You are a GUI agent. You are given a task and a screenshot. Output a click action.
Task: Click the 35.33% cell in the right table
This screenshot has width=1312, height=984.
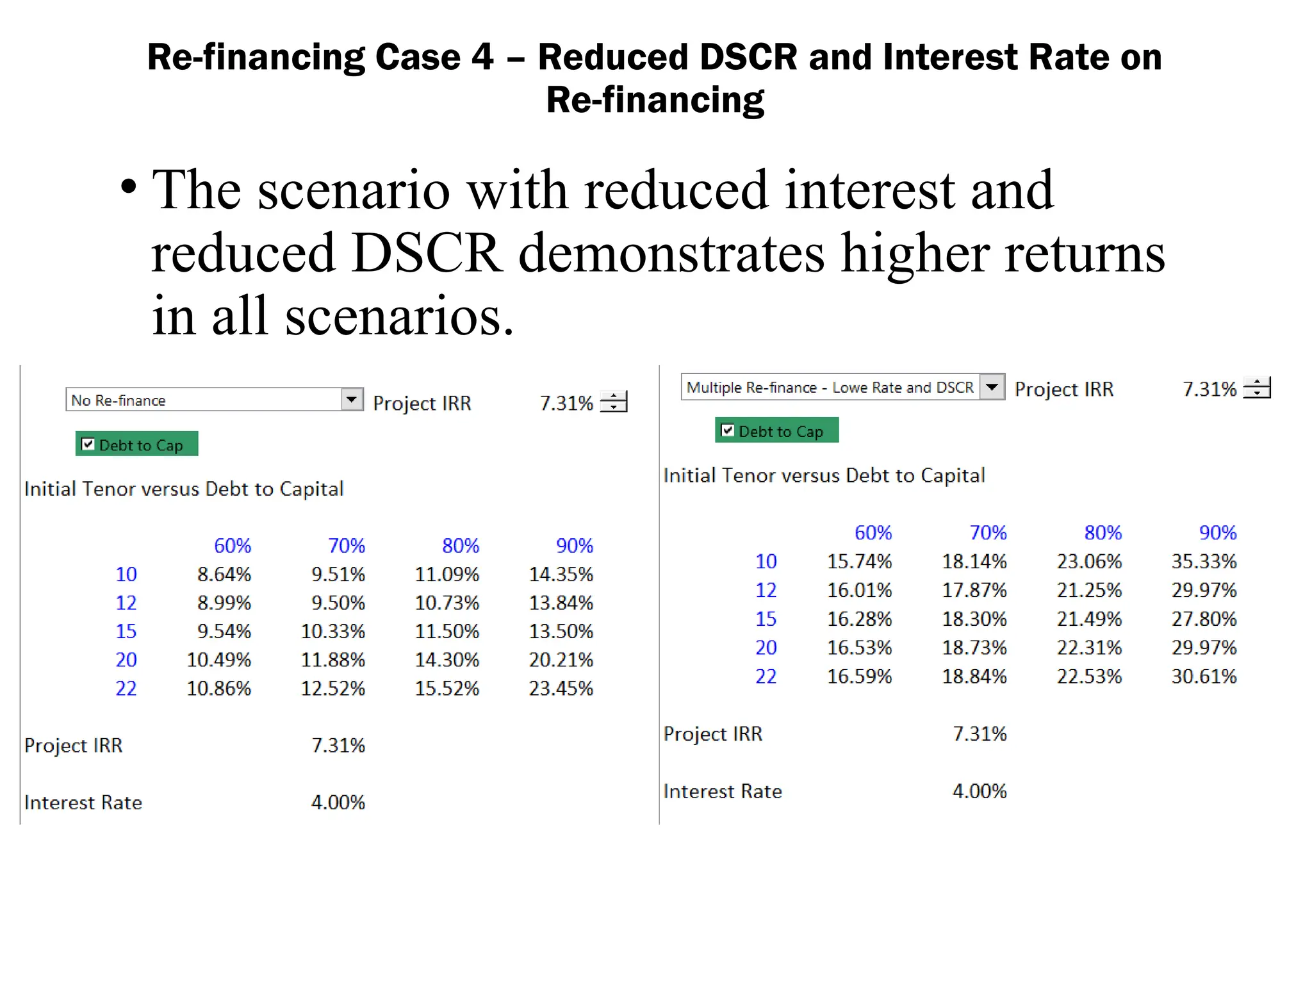(x=1204, y=562)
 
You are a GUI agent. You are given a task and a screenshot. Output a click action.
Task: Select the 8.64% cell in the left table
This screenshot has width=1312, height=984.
(x=224, y=575)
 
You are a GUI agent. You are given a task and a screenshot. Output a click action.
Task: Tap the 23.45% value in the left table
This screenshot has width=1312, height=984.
(x=561, y=689)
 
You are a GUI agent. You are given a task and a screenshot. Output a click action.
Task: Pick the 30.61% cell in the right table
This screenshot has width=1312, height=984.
(x=1204, y=676)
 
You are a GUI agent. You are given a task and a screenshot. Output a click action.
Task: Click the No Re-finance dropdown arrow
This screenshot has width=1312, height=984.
(x=352, y=400)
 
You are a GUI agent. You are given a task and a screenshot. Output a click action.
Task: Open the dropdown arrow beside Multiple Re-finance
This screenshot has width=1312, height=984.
(x=992, y=387)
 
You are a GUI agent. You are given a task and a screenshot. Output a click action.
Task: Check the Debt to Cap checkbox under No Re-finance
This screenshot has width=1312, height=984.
(x=88, y=444)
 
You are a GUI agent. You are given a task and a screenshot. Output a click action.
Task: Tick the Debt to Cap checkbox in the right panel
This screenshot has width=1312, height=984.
(x=728, y=430)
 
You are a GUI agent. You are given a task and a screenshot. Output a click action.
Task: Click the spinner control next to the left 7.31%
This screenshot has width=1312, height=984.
(x=614, y=402)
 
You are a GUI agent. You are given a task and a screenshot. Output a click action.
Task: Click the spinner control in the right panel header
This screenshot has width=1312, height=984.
(x=1257, y=388)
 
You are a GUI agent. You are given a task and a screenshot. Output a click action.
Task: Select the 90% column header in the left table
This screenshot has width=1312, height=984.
(x=575, y=546)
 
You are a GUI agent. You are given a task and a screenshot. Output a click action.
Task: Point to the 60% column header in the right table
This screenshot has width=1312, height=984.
(x=873, y=532)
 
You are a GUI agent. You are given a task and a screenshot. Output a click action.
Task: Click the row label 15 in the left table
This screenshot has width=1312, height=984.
(x=126, y=632)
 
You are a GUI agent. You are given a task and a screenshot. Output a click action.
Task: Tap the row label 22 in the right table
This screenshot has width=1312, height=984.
(x=766, y=676)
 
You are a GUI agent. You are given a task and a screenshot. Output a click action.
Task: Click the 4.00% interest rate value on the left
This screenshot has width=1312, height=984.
(x=338, y=803)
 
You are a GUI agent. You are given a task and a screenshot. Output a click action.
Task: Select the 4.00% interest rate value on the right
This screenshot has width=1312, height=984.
(x=979, y=791)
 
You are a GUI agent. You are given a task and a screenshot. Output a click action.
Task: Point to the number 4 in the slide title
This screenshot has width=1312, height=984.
(x=482, y=57)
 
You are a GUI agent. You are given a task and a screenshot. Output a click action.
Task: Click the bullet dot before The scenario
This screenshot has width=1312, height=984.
(x=129, y=187)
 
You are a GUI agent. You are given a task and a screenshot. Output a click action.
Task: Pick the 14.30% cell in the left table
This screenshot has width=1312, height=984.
(x=447, y=660)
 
